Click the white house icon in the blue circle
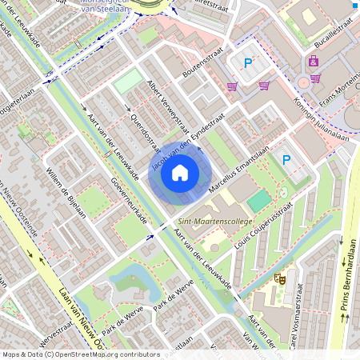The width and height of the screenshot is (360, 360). pos(180,172)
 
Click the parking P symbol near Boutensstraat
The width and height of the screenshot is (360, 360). pos(247,63)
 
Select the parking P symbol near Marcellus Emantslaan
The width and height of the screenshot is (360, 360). pos(286,160)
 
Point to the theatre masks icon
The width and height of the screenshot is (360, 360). pos(280,279)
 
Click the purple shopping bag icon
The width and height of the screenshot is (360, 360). pos(314,61)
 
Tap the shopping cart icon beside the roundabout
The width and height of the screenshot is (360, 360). pos(315,78)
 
